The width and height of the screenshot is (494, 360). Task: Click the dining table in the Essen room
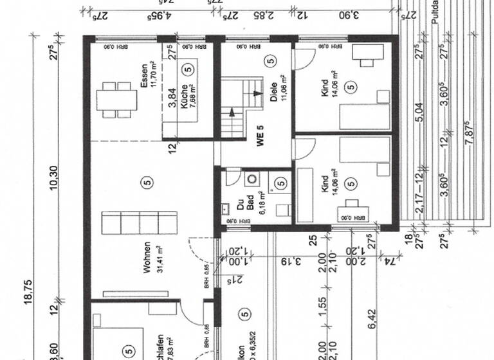(x=116, y=100)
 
